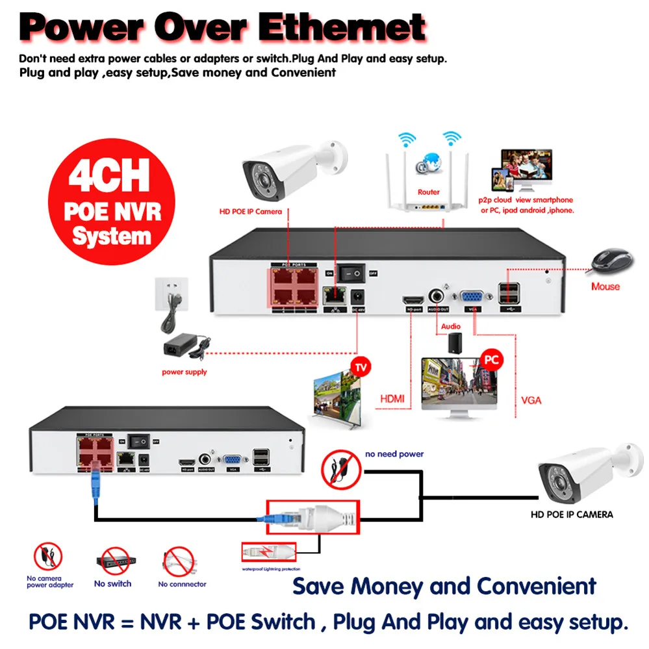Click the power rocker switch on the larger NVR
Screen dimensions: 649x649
pyautogui.click(x=355, y=274)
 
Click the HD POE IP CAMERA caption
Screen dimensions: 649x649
pyautogui.click(x=571, y=515)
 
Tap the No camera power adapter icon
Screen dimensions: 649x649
pyautogui.click(x=48, y=557)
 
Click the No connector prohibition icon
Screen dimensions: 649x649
pyautogui.click(x=180, y=560)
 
